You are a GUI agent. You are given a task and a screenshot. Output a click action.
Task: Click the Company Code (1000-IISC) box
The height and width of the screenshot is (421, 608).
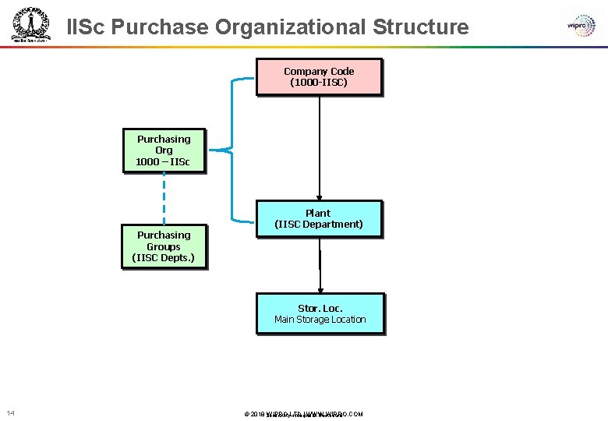point(319,76)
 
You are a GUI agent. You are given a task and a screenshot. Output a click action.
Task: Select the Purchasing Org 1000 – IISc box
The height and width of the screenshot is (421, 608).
point(164,150)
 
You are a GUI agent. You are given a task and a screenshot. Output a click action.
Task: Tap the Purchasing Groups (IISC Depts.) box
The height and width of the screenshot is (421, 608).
point(164,246)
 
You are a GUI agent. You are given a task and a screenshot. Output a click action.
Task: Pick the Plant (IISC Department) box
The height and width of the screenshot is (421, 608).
point(319,218)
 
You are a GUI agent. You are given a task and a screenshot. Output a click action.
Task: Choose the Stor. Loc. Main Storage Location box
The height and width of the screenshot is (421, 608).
point(320,313)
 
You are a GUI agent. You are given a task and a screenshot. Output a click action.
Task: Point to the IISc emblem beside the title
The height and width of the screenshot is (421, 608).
point(30,25)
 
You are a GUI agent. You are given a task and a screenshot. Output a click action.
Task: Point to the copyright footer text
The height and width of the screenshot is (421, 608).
point(304,414)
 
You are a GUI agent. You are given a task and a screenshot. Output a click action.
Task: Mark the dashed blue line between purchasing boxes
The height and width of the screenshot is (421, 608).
point(164,198)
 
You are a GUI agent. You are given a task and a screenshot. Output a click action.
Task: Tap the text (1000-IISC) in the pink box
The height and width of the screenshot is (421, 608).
point(319,82)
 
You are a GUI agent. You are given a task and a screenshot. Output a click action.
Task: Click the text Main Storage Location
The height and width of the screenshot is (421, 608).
point(320,320)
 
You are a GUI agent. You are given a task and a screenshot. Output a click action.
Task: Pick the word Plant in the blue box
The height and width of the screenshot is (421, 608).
point(318,213)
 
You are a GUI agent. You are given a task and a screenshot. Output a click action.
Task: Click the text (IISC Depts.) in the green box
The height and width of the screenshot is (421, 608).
point(164,257)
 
